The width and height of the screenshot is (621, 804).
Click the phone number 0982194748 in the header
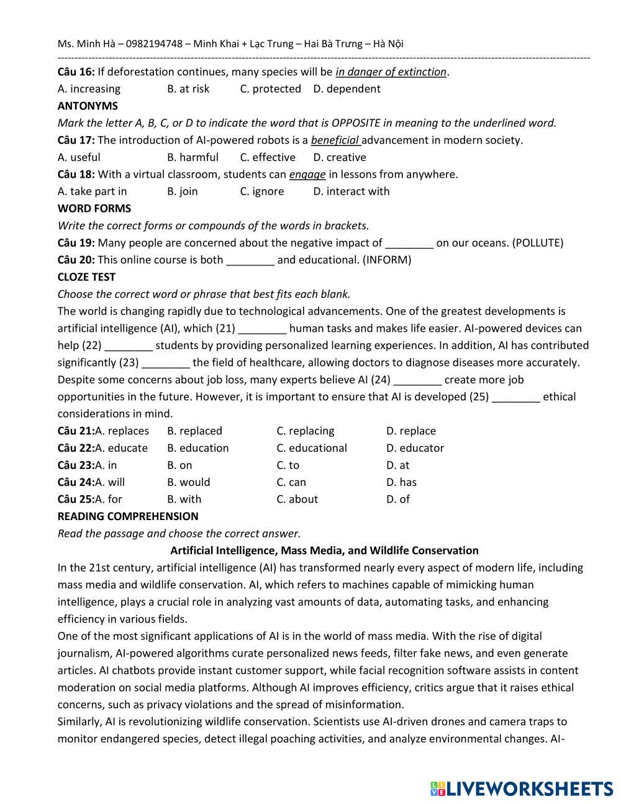click(155, 43)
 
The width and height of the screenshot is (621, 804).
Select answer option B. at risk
click(188, 89)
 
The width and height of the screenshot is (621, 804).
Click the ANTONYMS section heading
click(88, 106)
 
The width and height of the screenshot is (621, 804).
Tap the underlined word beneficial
click(335, 140)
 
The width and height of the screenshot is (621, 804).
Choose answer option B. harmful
click(193, 157)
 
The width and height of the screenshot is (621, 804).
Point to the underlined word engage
click(307, 174)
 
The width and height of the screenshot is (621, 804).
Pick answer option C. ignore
click(261, 191)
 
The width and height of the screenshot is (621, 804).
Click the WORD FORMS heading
click(94, 208)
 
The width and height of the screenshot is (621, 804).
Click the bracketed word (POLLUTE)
click(538, 243)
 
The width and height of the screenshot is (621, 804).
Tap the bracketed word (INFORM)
click(387, 260)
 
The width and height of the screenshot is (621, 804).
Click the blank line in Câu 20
click(250, 260)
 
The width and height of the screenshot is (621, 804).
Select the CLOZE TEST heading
click(86, 276)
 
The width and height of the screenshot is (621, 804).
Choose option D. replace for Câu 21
click(410, 431)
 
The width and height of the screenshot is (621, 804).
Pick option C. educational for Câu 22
click(312, 448)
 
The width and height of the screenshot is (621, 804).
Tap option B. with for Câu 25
click(184, 500)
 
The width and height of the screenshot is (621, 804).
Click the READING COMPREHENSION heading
click(128, 516)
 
